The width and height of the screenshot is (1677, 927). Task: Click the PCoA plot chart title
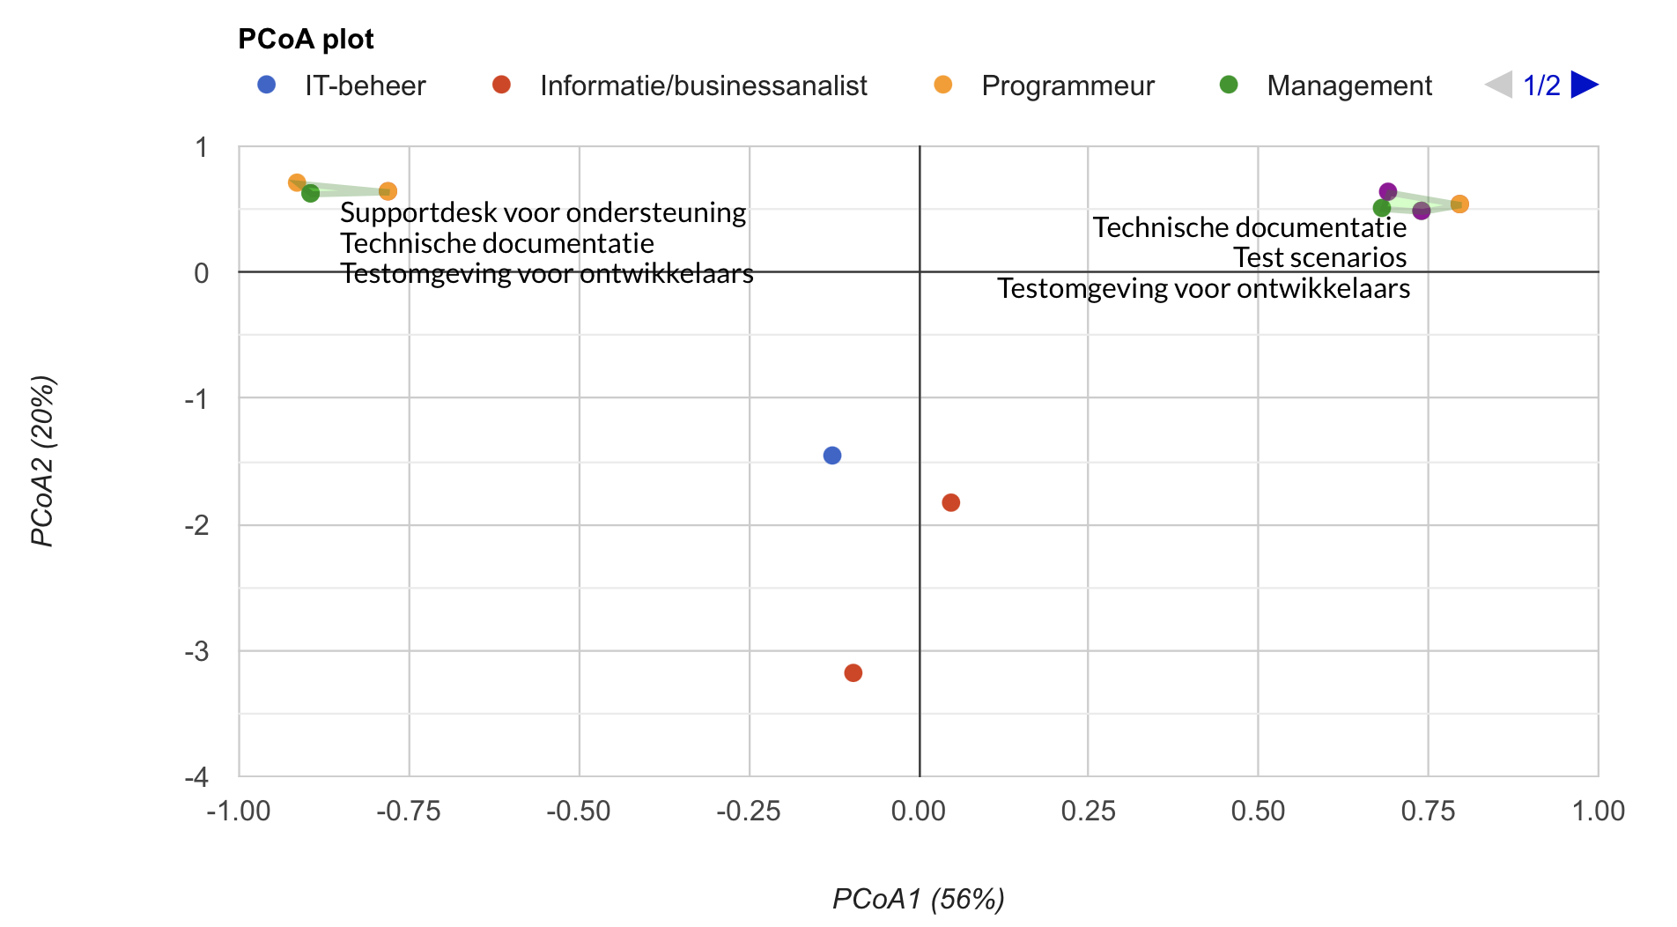[x=306, y=40]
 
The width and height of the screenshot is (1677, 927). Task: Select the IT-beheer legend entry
[x=365, y=85]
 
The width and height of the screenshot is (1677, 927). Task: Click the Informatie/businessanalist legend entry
[x=703, y=85]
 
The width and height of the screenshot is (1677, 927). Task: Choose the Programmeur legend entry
[x=1068, y=85]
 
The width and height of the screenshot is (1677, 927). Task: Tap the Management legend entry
[x=1348, y=85]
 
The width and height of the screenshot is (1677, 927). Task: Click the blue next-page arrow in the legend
[x=1584, y=85]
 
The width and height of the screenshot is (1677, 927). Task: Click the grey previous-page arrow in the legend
[x=1498, y=85]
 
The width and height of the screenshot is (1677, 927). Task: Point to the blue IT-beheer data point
[x=832, y=456]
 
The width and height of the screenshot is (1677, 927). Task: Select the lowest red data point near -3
[x=853, y=673]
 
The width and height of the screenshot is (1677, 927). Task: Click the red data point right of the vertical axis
[x=950, y=503]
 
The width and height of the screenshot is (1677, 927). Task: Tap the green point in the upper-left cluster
[x=311, y=193]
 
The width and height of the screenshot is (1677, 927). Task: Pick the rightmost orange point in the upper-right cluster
[x=1459, y=204]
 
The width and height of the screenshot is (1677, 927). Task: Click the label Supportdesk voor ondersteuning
[x=543, y=213]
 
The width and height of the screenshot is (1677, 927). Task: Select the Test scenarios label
[x=1319, y=258]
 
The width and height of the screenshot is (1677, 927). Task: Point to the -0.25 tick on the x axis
[x=749, y=811]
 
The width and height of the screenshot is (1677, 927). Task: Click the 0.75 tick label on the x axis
[x=1428, y=811]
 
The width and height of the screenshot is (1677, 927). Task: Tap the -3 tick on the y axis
[x=196, y=651]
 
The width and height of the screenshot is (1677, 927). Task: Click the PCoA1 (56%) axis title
[x=919, y=899]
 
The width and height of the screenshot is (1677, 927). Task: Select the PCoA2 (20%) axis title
[x=42, y=461]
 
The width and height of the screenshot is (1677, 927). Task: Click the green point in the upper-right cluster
[x=1382, y=209]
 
